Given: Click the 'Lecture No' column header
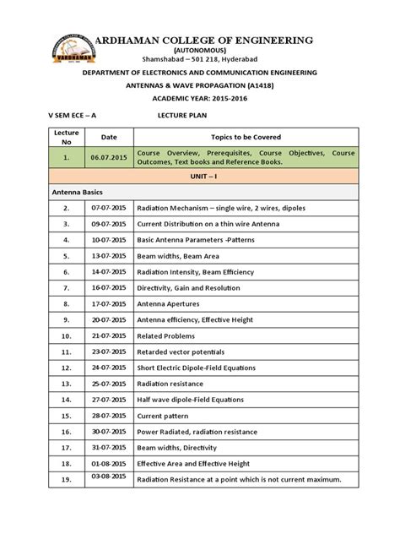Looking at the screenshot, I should click(x=65, y=137).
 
